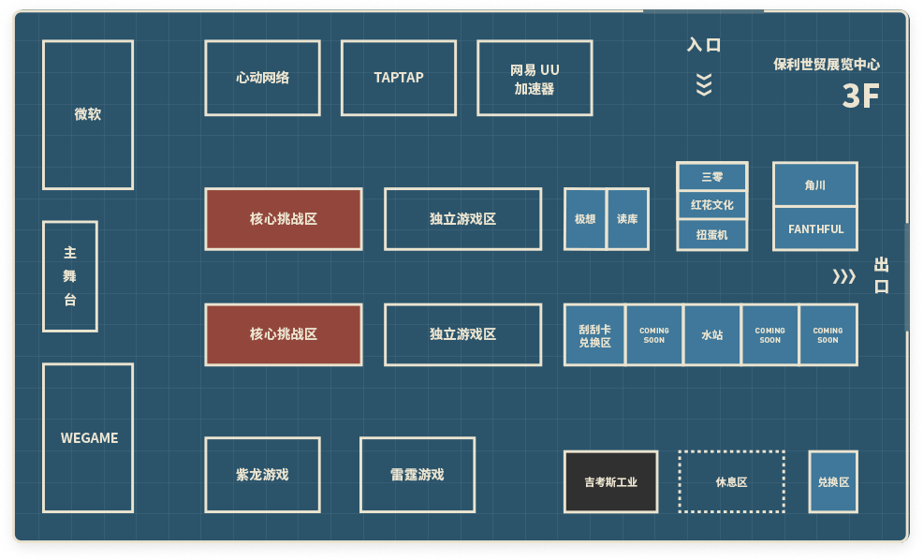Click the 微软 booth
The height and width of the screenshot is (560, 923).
[88, 115]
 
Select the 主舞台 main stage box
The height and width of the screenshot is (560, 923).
[70, 276]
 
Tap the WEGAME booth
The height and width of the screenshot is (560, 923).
[88, 438]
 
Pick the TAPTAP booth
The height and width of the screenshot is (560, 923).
[399, 78]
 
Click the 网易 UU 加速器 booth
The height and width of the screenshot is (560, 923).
[535, 78]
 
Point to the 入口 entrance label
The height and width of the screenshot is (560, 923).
[704, 45]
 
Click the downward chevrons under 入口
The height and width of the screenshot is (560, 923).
[704, 84]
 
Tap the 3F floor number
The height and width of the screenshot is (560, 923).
[860, 96]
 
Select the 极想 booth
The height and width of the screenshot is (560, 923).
[585, 219]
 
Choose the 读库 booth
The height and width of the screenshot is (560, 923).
[627, 219]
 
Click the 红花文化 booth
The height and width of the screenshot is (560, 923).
[712, 205]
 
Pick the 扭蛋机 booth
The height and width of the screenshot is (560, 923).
[712, 235]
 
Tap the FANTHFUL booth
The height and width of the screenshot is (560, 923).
[815, 228]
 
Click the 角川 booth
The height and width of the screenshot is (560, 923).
[815, 184]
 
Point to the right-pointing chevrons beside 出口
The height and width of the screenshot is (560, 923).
[843, 276]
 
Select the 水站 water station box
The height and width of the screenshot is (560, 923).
[712, 335]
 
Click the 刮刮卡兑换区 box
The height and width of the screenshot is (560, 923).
[594, 335]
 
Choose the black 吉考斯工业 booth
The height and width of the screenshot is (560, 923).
[611, 481]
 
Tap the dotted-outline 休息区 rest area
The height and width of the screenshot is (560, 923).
[732, 481]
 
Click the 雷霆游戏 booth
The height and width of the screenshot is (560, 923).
[418, 475]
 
